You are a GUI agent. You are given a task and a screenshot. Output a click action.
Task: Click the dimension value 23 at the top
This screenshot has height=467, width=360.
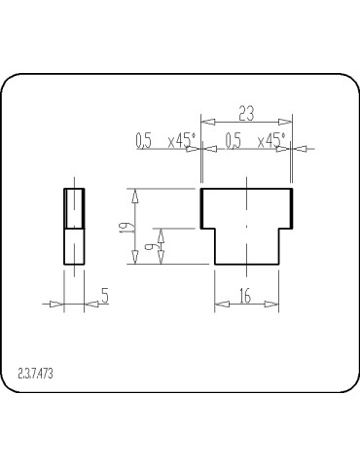(245, 114)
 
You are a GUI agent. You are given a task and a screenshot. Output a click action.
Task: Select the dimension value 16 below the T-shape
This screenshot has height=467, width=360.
(245, 297)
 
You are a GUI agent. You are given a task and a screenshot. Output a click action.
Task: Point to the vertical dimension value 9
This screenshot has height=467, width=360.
(150, 246)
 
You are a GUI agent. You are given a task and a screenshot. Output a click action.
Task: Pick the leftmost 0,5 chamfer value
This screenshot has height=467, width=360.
(144, 141)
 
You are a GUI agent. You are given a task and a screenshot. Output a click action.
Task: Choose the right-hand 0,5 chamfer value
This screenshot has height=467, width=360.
(233, 141)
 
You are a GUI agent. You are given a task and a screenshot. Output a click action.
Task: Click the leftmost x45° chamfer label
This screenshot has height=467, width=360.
(181, 141)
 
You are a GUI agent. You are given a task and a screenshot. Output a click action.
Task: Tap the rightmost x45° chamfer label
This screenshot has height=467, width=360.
(271, 141)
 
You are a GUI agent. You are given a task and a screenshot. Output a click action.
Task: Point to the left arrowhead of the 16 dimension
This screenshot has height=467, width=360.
(219, 305)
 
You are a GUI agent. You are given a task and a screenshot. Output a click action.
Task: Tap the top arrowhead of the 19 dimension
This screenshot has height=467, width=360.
(135, 195)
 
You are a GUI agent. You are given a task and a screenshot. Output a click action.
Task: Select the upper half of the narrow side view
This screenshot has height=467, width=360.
(74, 207)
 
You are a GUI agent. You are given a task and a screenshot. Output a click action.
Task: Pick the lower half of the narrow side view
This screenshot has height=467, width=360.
(74, 245)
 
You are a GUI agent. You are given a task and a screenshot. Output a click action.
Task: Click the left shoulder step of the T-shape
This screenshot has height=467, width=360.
(207, 227)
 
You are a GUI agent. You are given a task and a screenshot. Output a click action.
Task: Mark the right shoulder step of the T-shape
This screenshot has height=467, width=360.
(285, 227)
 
